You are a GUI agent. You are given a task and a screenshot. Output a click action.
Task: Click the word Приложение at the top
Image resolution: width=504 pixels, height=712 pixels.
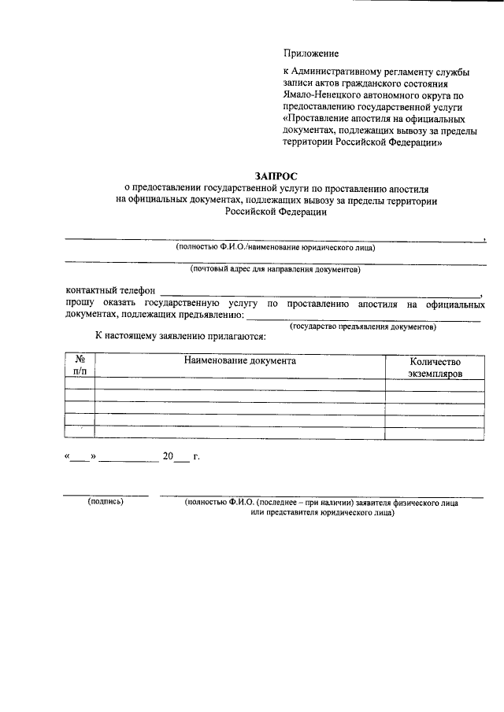311,54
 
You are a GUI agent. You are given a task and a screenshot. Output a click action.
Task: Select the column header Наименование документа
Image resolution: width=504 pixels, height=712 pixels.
240,361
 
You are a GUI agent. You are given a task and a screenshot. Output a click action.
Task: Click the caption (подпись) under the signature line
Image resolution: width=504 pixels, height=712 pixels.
106,501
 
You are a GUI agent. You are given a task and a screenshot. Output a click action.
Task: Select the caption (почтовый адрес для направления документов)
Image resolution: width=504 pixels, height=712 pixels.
275,270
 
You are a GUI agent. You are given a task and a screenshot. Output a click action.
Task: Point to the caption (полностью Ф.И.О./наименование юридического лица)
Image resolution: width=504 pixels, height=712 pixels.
276,247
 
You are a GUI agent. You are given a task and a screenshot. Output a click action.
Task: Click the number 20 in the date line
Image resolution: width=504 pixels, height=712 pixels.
167,456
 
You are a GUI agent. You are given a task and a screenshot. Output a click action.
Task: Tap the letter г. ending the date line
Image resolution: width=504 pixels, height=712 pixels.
196,456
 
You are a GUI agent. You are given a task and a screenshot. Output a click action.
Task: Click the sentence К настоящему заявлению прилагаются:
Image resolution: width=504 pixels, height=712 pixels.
180,337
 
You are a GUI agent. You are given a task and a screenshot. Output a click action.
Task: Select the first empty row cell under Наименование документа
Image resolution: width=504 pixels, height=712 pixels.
240,384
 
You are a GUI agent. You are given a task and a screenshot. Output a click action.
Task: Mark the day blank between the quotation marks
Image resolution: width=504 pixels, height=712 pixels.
80,457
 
